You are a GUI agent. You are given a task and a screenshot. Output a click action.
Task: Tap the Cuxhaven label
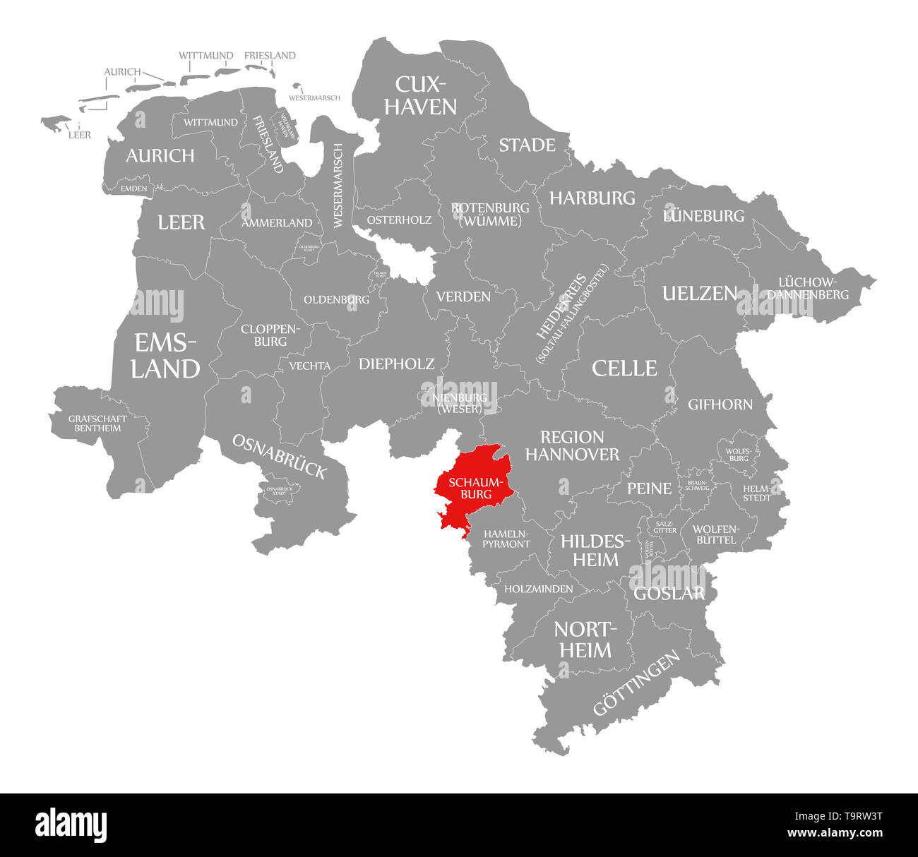[x=425, y=95]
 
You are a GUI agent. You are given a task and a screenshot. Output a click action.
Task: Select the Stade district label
[x=527, y=145]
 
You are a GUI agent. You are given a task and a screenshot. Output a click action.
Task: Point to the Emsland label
[x=165, y=356]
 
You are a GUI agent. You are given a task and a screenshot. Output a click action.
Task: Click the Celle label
[x=624, y=368]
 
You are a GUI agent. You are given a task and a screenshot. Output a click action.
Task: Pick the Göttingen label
[x=636, y=683]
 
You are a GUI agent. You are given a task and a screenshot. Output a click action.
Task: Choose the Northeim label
[x=585, y=640]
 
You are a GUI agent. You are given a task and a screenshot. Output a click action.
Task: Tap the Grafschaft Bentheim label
[x=97, y=423]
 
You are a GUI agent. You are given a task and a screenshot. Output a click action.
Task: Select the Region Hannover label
[x=572, y=445]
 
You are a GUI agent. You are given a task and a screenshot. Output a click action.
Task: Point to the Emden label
[x=133, y=188]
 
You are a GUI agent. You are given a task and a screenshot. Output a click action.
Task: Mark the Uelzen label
[x=699, y=293]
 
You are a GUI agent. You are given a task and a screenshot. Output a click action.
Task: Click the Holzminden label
[x=538, y=588]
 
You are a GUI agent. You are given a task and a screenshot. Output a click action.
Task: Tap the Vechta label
[x=309, y=366]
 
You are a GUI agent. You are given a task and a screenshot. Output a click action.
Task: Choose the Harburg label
[x=592, y=198]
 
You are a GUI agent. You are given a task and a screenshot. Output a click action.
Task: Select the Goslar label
[x=669, y=593]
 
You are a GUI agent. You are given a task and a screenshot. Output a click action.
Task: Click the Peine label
[x=649, y=488]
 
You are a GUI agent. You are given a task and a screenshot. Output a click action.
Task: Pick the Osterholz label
[x=399, y=220]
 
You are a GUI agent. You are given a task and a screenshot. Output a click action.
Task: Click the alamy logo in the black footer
[x=71, y=825]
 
